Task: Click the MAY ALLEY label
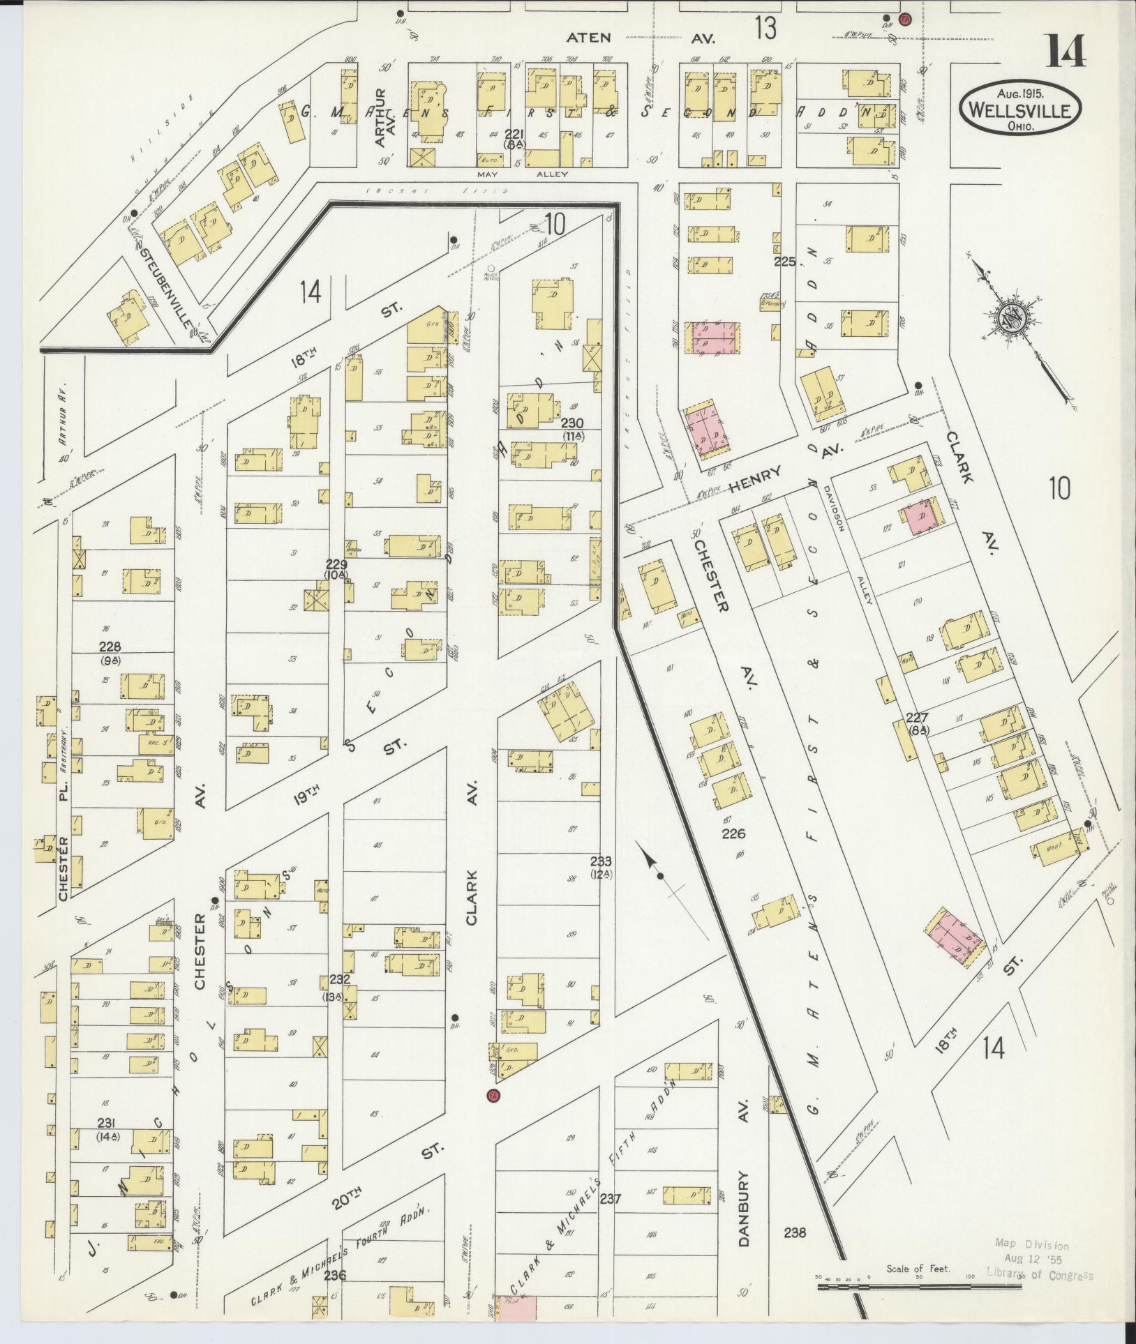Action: [523, 174]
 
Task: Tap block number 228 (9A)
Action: [110, 651]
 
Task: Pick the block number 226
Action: [734, 833]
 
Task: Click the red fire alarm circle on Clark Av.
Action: [494, 1094]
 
